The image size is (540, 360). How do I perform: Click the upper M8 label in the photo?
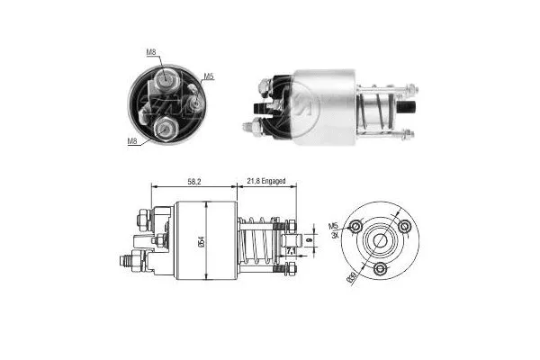click(x=152, y=53)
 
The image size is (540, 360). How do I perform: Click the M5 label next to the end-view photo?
click(x=208, y=76)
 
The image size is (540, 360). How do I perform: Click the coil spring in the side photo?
click(x=378, y=112)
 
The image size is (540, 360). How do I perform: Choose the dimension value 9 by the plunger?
click(x=309, y=240)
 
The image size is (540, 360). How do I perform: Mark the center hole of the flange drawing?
click(x=381, y=240)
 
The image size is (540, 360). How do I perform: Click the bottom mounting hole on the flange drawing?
click(x=381, y=269)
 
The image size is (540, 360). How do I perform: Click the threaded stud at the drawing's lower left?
click(x=129, y=264)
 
